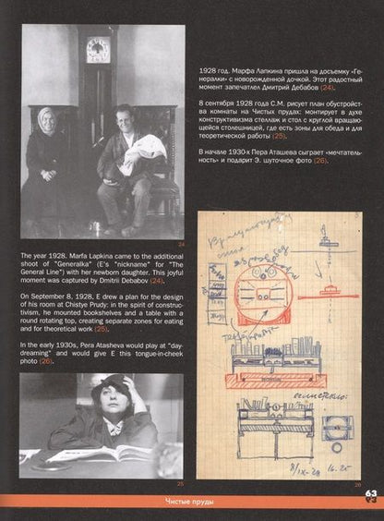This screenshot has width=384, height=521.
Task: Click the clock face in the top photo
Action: pyautogui.click(x=97, y=49)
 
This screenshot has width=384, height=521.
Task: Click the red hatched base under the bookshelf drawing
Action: pyautogui.click(x=271, y=379)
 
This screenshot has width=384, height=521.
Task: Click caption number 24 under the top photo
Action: pyautogui.click(x=181, y=244)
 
